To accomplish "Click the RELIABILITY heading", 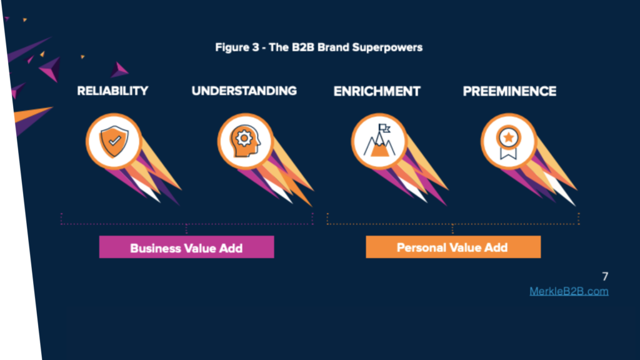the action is tap(112, 91).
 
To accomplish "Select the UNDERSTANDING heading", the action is tap(244, 91).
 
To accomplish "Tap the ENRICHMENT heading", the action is tap(377, 91).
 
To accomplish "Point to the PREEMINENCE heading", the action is tap(509, 91).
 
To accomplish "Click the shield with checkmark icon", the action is tap(114, 141).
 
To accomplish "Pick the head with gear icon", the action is tap(245, 141).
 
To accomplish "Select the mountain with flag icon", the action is tap(379, 141).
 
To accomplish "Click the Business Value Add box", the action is tap(186, 247).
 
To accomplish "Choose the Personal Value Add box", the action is tap(453, 247).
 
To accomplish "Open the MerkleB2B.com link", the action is tap(569, 291).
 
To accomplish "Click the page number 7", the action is tap(605, 276).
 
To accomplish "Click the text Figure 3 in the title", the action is tap(237, 47).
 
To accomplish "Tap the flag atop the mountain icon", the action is tap(384, 128).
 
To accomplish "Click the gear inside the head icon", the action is tap(244, 138).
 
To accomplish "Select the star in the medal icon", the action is tap(509, 137).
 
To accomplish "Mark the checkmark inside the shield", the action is tap(115, 141).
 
